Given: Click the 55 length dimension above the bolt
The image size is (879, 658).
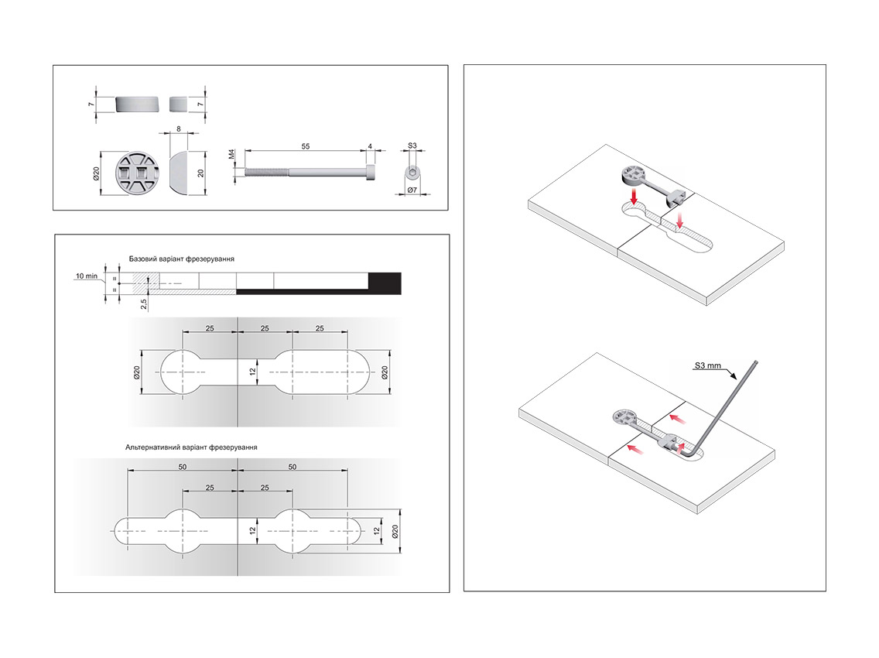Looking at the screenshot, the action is (x=306, y=146).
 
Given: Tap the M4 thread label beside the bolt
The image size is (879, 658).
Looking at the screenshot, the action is (x=232, y=154).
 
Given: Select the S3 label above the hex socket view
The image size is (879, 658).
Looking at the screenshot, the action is (x=412, y=146).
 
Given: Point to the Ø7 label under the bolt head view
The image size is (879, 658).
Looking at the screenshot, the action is (x=412, y=190).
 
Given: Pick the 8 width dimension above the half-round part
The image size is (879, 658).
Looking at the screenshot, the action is (x=179, y=129).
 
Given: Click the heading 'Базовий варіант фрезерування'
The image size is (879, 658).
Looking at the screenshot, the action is (x=182, y=259).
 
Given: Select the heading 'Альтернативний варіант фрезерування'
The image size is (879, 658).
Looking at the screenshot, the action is (x=191, y=447).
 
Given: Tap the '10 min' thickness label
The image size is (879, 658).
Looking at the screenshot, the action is (x=87, y=276).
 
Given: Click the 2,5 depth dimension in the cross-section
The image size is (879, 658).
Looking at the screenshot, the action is (x=144, y=303).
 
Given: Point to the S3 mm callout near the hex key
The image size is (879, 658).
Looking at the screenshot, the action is (x=708, y=365).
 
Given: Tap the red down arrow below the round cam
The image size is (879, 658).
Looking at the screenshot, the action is (x=634, y=196).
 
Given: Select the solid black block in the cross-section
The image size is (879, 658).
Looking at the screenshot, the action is (x=385, y=283).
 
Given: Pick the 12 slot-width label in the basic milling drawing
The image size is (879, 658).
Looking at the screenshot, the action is (x=253, y=372).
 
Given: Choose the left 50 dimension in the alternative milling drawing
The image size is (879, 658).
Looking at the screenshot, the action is (x=183, y=467).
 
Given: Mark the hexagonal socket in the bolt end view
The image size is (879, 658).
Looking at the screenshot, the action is (x=412, y=172).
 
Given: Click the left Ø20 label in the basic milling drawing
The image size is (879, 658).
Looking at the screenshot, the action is (x=137, y=372).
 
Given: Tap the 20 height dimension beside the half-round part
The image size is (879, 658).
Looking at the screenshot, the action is (x=200, y=173).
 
